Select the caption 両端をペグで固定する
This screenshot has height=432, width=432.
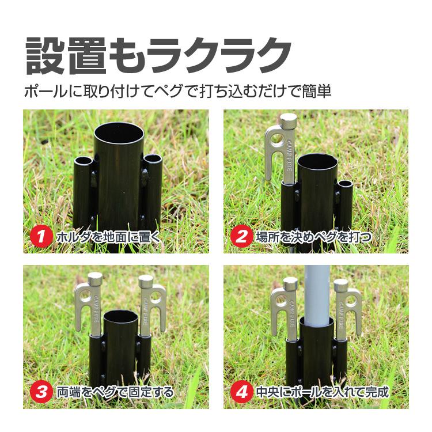coord(115,392)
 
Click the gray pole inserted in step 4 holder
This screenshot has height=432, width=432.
coord(315,294)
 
